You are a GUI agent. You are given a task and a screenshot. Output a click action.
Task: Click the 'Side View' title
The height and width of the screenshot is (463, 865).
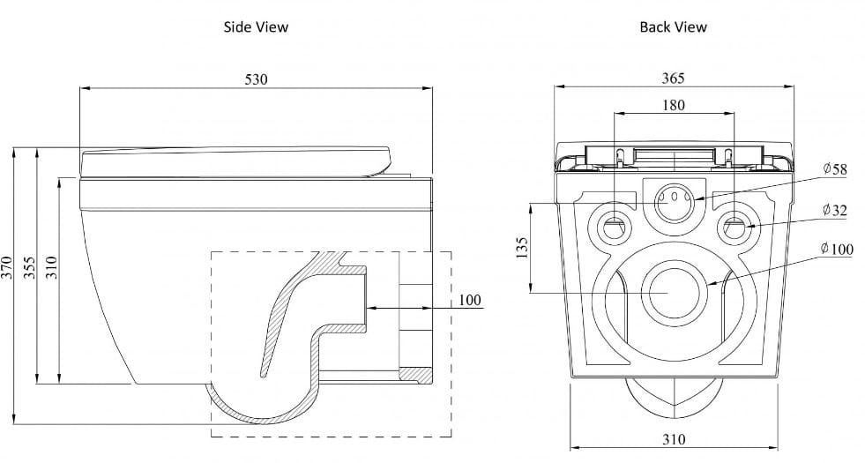pyautogui.click(x=256, y=27)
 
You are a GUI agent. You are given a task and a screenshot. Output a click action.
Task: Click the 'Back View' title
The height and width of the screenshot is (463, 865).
pyautogui.click(x=673, y=27)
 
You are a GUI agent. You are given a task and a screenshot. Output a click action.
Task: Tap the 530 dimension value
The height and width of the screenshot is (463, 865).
pyautogui.click(x=256, y=79)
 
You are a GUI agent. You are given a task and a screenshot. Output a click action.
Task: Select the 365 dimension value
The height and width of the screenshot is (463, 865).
pyautogui.click(x=673, y=78)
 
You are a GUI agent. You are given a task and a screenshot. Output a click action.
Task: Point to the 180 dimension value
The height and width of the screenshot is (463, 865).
pyautogui.click(x=673, y=105)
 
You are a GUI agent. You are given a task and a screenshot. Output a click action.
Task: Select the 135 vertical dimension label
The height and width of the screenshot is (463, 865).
pyautogui.click(x=522, y=249)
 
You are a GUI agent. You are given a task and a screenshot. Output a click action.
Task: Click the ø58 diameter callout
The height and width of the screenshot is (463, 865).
pyautogui.click(x=833, y=168)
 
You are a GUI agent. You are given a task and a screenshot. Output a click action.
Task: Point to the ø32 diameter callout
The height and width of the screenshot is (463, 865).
pyautogui.click(x=833, y=210)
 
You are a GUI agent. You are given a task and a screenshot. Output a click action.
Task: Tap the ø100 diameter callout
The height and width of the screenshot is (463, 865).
pyautogui.click(x=837, y=250)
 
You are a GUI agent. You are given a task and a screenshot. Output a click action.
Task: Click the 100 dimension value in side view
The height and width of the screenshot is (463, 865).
pyautogui.click(x=470, y=301)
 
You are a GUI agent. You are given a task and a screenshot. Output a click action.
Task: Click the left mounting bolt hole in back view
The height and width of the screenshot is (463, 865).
pyautogui.click(x=615, y=227)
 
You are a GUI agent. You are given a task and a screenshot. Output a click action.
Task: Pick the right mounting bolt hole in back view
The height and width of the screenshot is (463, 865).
pyautogui.click(x=735, y=227)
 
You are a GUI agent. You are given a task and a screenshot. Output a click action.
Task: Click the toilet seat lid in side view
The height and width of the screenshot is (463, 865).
pyautogui.click(x=235, y=161)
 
